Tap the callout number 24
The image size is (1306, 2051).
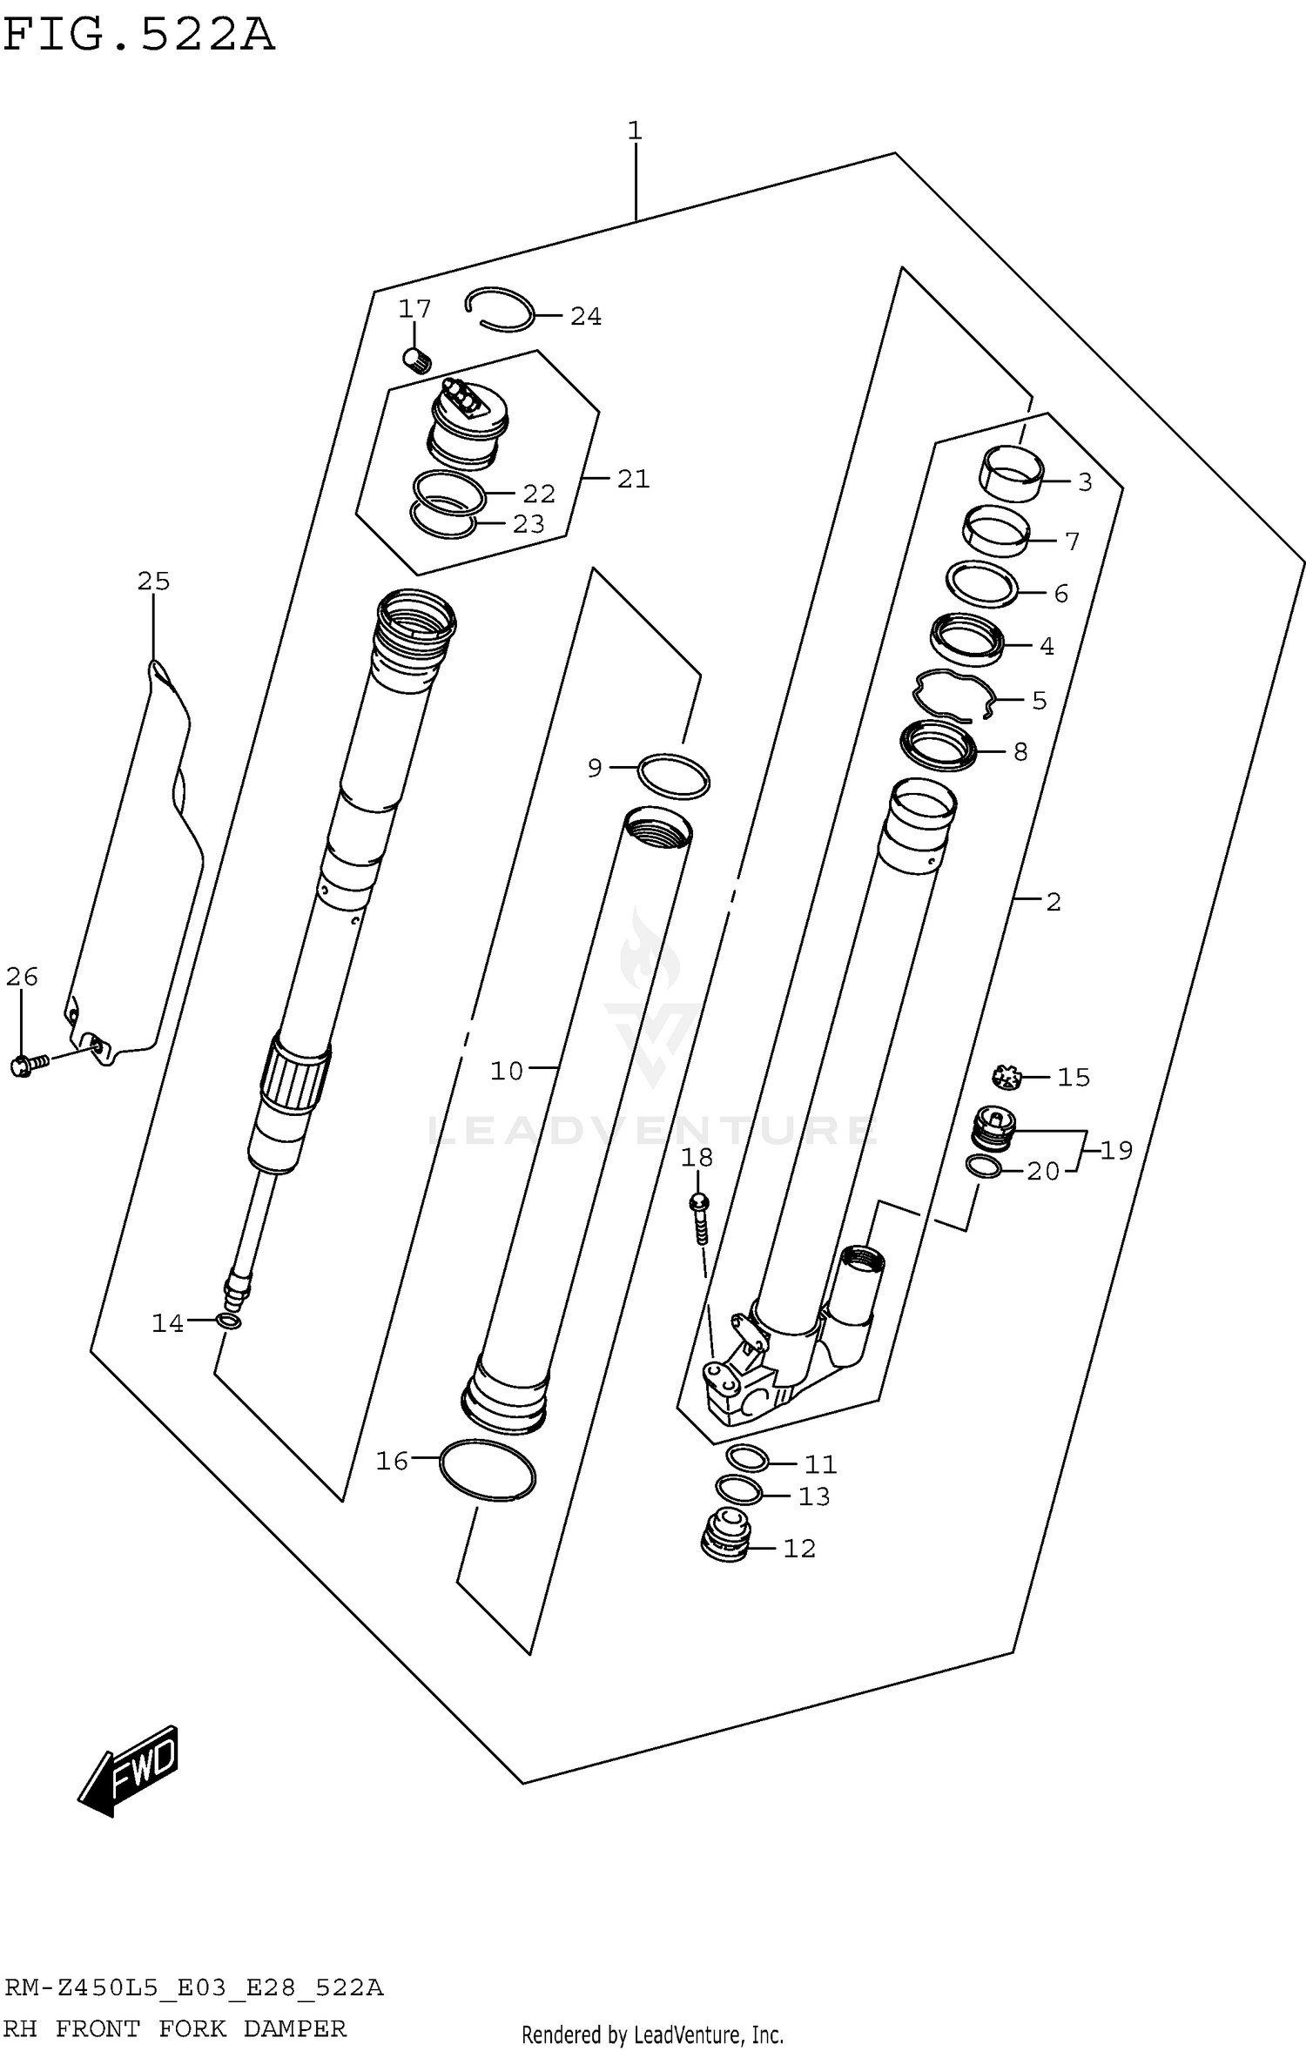click(x=586, y=317)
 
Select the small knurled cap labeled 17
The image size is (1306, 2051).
click(x=418, y=359)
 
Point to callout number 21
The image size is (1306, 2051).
click(x=633, y=479)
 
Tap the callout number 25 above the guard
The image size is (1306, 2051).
click(x=153, y=581)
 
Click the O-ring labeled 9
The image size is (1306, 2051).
click(x=673, y=776)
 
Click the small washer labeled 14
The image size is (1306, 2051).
click(x=229, y=1323)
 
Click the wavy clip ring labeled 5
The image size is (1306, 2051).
click(x=953, y=695)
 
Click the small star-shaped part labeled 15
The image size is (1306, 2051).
click(x=1006, y=1078)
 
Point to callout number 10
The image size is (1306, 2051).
click(x=506, y=1071)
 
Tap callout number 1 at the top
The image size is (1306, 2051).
click(x=635, y=131)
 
